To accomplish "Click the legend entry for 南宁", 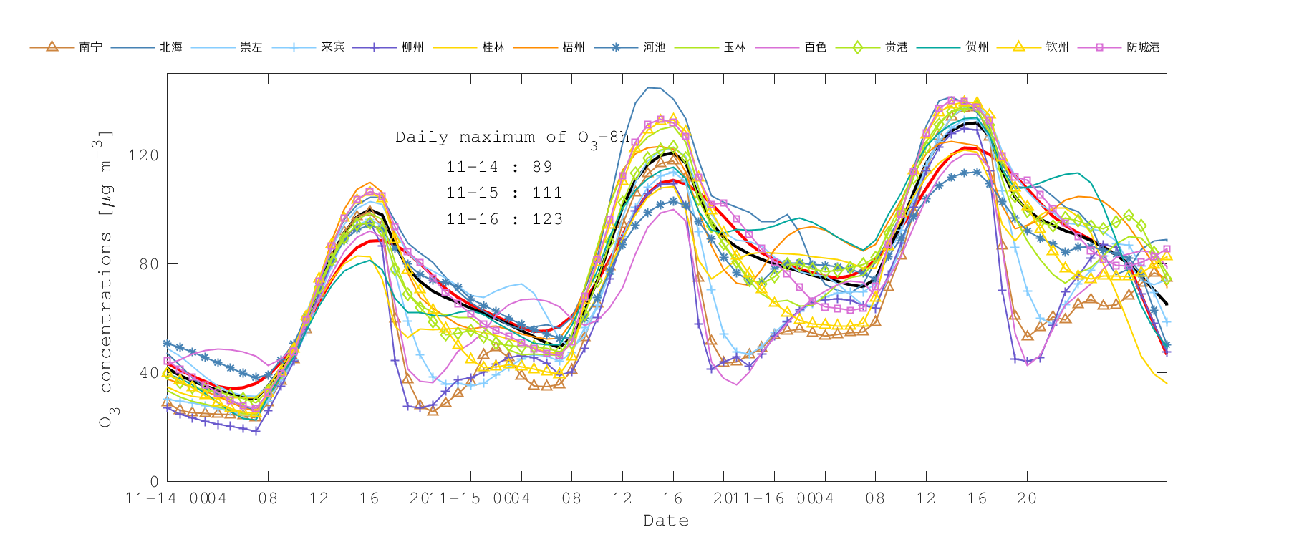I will (x=90, y=47).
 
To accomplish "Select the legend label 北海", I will (x=171, y=47).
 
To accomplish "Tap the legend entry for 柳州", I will (x=412, y=47).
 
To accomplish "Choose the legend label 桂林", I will (x=493, y=47).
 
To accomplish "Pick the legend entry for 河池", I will (x=655, y=47).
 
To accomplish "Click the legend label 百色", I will (x=816, y=47).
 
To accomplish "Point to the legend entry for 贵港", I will (x=896, y=47).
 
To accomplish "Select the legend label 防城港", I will (x=1143, y=47).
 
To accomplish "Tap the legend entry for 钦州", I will (x=1057, y=47).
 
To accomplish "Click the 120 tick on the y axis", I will (x=143, y=155).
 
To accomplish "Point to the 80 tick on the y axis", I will (x=148, y=264).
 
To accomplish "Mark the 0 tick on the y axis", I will (x=154, y=482).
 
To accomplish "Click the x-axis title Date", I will (x=666, y=521).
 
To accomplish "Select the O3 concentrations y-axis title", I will (x=105, y=279).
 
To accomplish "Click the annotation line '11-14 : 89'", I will (x=499, y=167).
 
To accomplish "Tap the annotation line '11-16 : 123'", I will (x=504, y=219).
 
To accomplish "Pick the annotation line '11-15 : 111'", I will (x=504, y=193).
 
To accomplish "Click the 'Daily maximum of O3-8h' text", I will (x=512, y=137).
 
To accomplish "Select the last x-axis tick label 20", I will (x=1027, y=498).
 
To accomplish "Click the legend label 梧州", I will (x=574, y=47).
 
